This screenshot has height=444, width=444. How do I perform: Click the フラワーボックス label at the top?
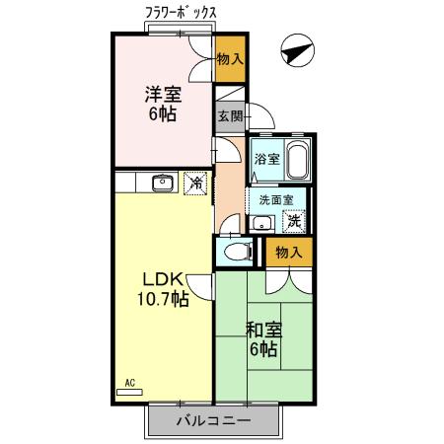point(180,12)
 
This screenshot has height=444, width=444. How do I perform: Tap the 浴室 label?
point(266,159)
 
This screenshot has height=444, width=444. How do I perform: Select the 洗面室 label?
point(276,199)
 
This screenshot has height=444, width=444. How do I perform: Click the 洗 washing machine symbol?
point(295,220)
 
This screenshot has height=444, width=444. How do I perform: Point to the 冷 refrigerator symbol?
point(196,184)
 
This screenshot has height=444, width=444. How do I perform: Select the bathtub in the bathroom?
point(299,160)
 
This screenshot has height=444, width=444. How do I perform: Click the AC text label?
point(129,383)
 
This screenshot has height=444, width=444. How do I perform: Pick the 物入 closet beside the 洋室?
point(230,60)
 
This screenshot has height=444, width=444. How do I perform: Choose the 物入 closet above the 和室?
point(288,254)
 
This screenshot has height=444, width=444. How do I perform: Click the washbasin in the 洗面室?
point(261,221)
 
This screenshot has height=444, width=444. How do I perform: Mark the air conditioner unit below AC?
point(129,393)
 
